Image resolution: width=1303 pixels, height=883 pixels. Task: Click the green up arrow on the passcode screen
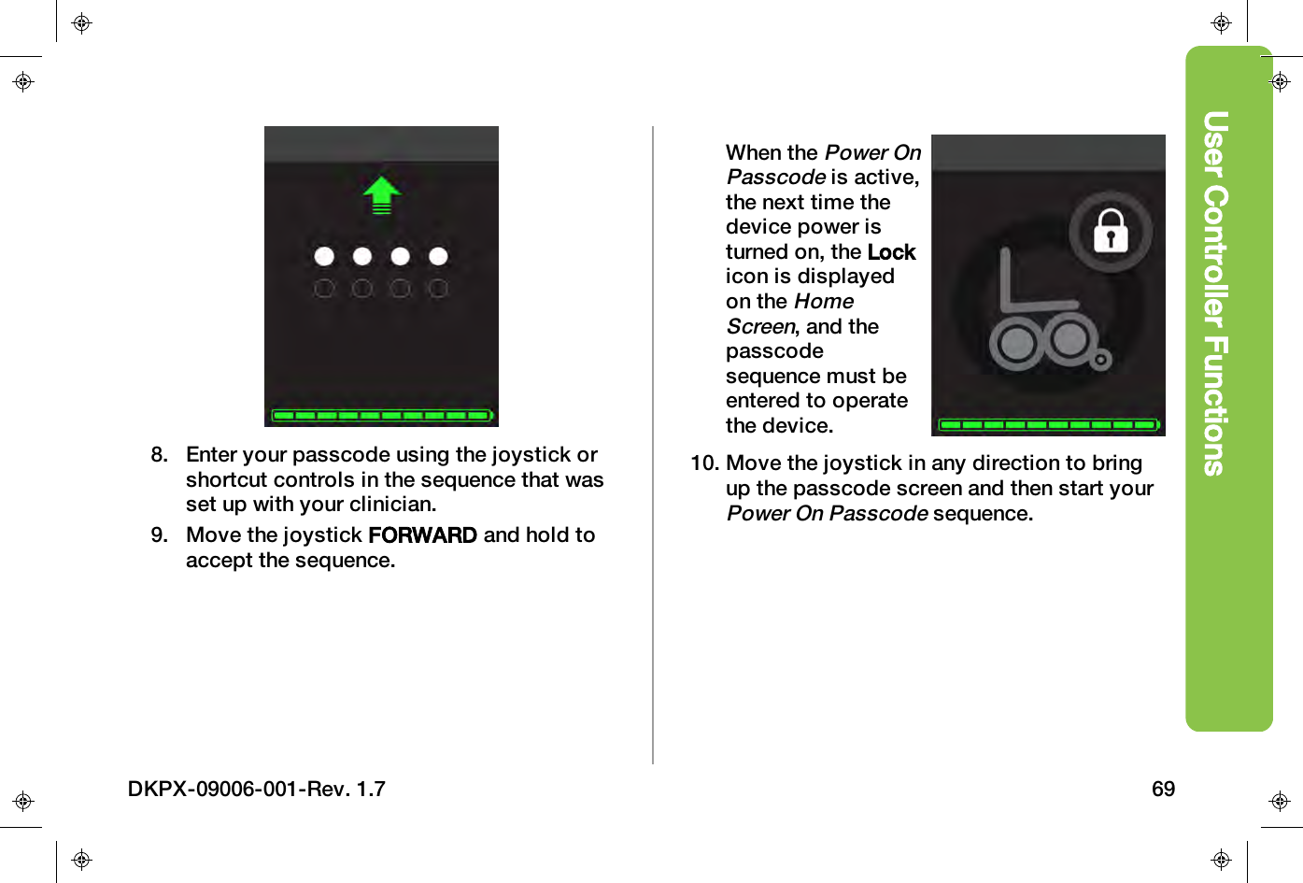pyautogui.click(x=381, y=194)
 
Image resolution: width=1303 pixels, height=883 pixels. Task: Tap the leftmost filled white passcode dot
pyautogui.click(x=324, y=256)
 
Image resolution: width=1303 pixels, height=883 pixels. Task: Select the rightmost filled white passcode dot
pyautogui.click(x=438, y=256)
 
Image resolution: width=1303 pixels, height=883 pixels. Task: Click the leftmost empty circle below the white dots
pyautogui.click(x=324, y=289)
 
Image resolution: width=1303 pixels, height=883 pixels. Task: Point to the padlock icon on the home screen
pyautogui.click(x=1111, y=231)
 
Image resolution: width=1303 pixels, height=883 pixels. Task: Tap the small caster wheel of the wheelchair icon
pyautogui.click(x=1102, y=360)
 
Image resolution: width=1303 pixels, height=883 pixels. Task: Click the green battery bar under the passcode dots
pyautogui.click(x=381, y=415)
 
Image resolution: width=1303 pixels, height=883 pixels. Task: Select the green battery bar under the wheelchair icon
pyautogui.click(x=1048, y=424)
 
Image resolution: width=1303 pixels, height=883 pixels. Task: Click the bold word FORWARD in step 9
pyautogui.click(x=422, y=535)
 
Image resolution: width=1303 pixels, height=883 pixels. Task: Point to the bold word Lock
pyautogui.click(x=891, y=252)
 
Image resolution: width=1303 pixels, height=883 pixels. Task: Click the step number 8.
pyautogui.click(x=160, y=455)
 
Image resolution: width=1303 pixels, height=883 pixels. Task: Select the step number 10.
pyautogui.click(x=704, y=463)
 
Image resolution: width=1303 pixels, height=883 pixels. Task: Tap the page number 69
pyautogui.click(x=1163, y=790)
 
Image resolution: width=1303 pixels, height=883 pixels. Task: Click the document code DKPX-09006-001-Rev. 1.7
pyautogui.click(x=257, y=790)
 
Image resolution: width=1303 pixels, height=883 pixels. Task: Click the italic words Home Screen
pyautogui.click(x=790, y=314)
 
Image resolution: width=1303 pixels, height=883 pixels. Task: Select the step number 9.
pyautogui.click(x=160, y=535)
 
